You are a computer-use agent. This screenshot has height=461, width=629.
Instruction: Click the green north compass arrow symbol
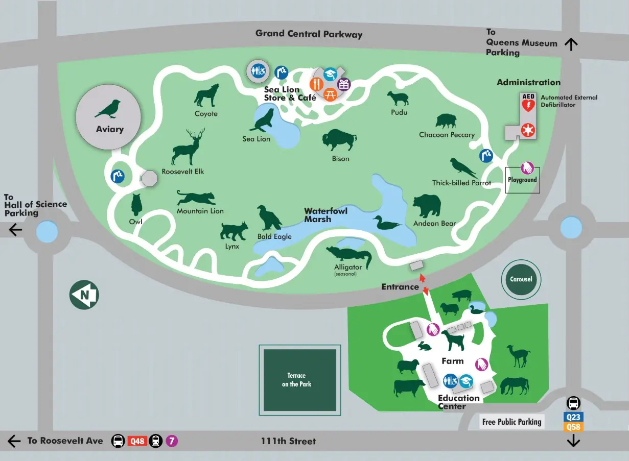[x=84, y=295]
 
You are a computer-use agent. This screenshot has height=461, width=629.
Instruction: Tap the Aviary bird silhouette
[x=108, y=109]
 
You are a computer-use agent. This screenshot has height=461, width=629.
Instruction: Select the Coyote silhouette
[x=206, y=95]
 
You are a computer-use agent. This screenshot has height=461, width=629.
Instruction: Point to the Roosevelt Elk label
[x=183, y=172]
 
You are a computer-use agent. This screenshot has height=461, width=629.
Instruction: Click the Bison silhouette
[x=339, y=140]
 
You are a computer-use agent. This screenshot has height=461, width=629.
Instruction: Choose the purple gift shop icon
[x=344, y=84]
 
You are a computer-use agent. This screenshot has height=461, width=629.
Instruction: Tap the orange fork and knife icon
[x=317, y=84]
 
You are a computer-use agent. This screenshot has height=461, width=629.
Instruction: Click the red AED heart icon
[x=528, y=106]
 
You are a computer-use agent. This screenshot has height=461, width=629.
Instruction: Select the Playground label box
[x=522, y=180]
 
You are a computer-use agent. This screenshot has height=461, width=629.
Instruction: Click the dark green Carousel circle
[x=521, y=279]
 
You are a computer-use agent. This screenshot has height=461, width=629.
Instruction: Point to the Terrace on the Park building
[x=299, y=380]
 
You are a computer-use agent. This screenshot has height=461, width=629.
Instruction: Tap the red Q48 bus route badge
[x=137, y=441]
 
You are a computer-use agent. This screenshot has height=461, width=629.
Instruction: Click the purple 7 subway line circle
[x=172, y=441]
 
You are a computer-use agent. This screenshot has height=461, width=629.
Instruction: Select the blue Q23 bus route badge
[x=573, y=417]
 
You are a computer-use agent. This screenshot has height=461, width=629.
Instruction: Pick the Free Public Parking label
[x=511, y=422]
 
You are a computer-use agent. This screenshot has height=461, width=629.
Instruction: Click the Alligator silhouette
[x=350, y=256]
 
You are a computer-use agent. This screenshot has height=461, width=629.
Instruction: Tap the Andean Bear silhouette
[x=427, y=206]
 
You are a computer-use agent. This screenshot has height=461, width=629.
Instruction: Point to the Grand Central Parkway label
[x=309, y=34]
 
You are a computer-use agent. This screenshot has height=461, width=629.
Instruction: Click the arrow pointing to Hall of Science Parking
[x=15, y=230]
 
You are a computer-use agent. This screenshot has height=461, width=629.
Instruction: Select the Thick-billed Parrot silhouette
[x=463, y=168]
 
